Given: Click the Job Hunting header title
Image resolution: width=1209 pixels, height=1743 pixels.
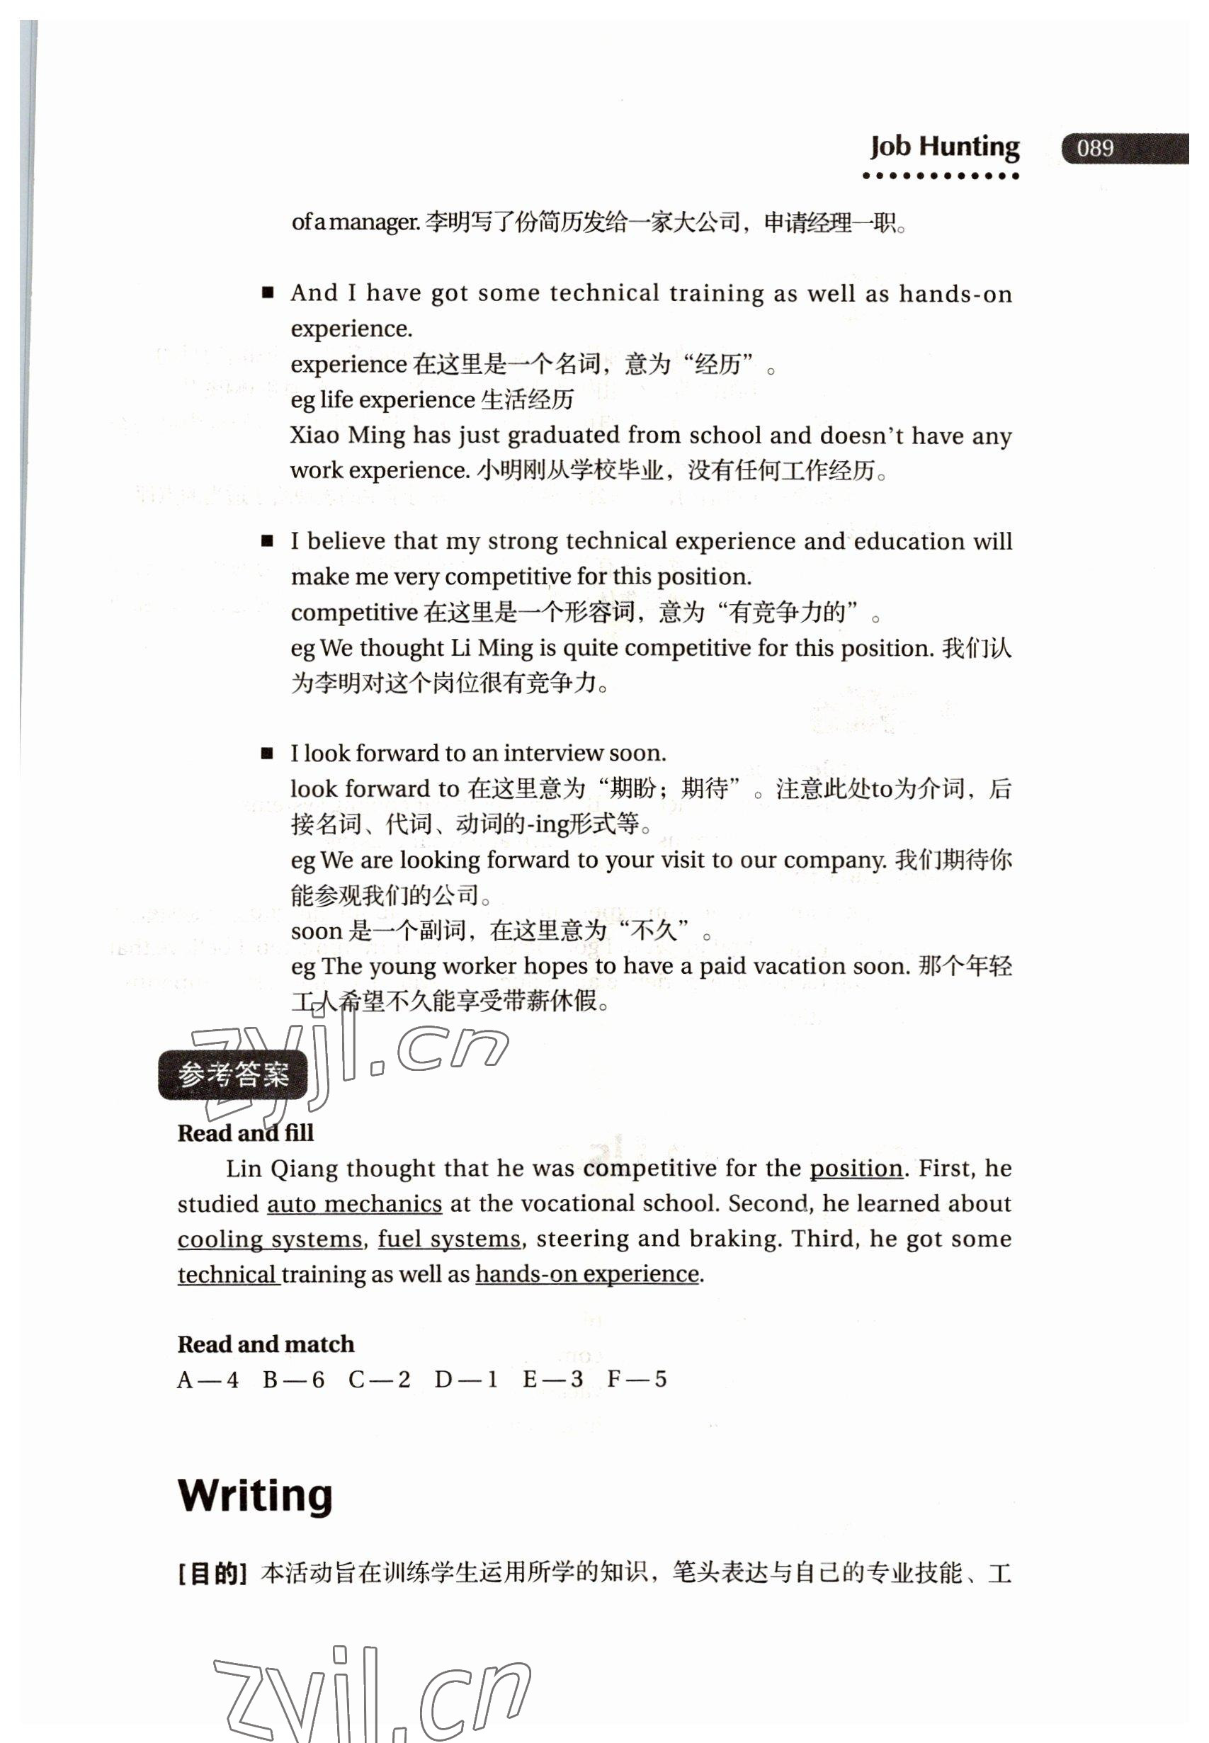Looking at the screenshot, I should pyautogui.click(x=944, y=146).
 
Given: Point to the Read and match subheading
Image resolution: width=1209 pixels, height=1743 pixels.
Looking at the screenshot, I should pyautogui.click(x=266, y=1344).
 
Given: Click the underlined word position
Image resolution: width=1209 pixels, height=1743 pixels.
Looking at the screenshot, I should pyautogui.click(x=856, y=1168).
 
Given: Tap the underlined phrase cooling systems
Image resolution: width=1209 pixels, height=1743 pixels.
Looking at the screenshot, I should pyautogui.click(x=271, y=1239).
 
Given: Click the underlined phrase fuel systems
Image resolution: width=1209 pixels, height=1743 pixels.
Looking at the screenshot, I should pyautogui.click(x=449, y=1239).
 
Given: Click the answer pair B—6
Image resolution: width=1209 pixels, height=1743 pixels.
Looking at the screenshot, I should pyautogui.click(x=293, y=1380).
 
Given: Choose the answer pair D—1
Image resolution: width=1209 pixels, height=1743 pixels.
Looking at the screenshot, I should pyautogui.click(x=466, y=1380).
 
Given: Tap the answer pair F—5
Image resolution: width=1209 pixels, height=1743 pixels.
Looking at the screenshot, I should pyautogui.click(x=637, y=1380).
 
